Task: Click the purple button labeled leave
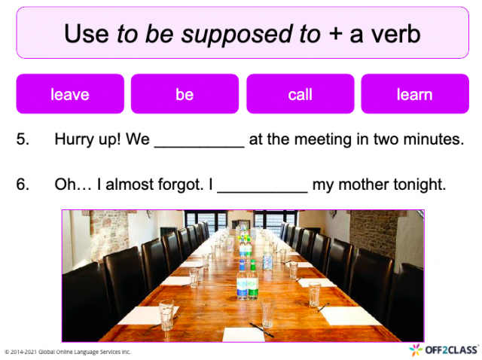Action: [x=70, y=94]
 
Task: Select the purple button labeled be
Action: [x=185, y=94]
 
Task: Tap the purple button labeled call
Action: [x=300, y=94]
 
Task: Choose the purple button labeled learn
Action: [x=415, y=94]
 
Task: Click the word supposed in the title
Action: [x=236, y=35]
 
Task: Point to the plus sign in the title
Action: [x=335, y=34]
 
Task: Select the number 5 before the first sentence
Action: [x=23, y=139]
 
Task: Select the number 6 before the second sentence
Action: [x=23, y=185]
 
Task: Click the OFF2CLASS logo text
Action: [x=451, y=350]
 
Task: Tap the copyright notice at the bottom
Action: [x=68, y=352]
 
